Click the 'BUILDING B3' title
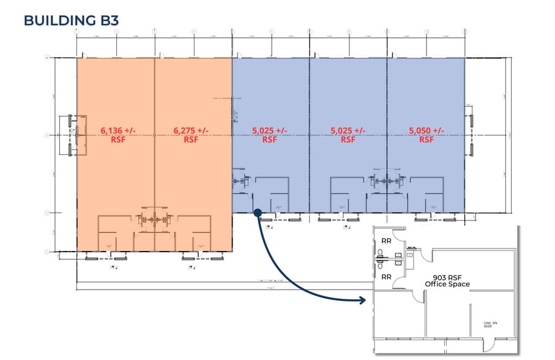click(x=71, y=20)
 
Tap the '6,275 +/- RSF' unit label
click(x=190, y=134)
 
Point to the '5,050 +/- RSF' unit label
click(x=426, y=134)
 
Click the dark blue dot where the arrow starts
click(x=258, y=212)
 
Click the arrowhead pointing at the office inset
click(x=362, y=301)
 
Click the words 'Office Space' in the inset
click(x=447, y=284)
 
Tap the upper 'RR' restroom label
click(x=387, y=241)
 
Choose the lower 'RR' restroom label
click(x=387, y=277)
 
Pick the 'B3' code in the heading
click(x=108, y=20)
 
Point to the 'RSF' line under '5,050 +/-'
click(x=426, y=139)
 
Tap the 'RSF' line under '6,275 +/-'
click(x=190, y=139)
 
